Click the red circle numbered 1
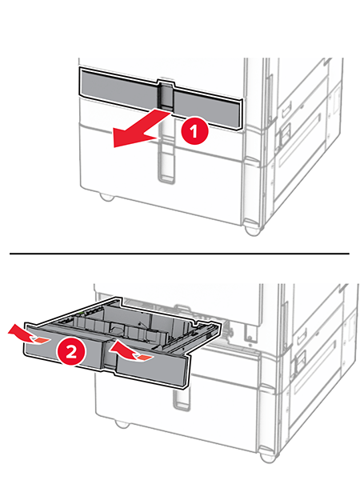[194, 131]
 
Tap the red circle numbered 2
[71, 352]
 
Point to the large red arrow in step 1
[141, 129]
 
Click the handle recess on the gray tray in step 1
[166, 95]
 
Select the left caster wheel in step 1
[107, 197]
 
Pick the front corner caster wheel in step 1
[253, 229]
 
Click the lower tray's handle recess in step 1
[166, 166]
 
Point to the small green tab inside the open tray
[82, 313]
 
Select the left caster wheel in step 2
[122, 424]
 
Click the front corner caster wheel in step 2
[268, 456]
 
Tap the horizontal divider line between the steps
[179, 254]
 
